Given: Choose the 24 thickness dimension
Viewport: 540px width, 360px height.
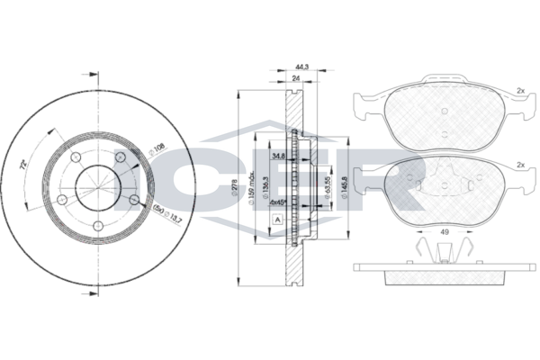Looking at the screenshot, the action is pos(296,79).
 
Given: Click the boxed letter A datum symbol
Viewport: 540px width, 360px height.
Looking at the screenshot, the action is pos(278,220).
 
